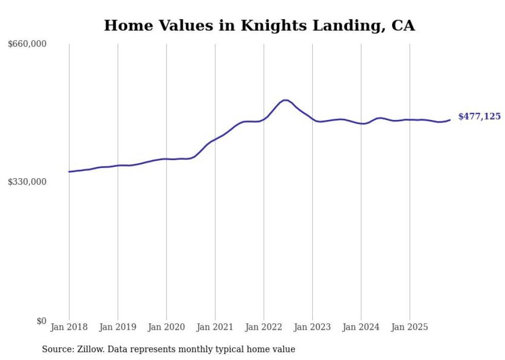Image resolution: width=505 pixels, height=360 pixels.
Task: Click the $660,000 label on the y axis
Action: point(27,44)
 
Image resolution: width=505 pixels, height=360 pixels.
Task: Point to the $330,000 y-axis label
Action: point(27,182)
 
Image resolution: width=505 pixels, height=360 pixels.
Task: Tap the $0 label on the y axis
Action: point(41,321)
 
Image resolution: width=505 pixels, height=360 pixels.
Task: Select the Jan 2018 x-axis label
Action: point(69,327)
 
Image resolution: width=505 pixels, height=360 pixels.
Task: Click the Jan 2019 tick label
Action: point(118,327)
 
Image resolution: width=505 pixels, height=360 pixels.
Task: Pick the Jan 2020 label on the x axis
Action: point(166,327)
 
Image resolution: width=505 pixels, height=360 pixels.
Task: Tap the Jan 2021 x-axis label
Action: point(215,327)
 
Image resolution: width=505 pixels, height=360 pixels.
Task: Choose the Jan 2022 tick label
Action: point(264,327)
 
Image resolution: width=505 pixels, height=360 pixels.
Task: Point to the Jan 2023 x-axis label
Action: point(312,327)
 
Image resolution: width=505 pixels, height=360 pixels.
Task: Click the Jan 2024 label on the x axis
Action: point(361,327)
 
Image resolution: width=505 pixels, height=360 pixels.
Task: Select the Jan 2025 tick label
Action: point(410,327)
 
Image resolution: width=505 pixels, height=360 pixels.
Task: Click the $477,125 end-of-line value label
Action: point(479,117)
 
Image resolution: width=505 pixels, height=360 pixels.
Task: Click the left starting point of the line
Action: point(69,172)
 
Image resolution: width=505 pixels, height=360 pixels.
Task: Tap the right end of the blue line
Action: point(450,120)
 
